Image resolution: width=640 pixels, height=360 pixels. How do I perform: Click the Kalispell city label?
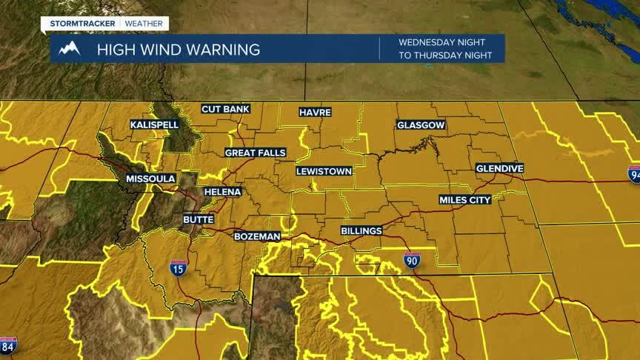[154, 124]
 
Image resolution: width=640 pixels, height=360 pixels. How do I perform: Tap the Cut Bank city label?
[225, 109]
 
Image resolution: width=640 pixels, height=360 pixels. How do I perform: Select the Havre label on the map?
[315, 112]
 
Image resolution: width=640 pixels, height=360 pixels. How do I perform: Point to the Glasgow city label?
[421, 125]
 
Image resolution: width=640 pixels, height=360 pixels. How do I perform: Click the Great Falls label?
[256, 153]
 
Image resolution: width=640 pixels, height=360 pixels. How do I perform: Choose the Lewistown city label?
[324, 171]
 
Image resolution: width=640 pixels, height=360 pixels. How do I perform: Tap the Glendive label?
[499, 168]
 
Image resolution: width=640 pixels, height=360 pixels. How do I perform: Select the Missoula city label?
[150, 179]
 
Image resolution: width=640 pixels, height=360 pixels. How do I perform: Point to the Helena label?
[223, 192]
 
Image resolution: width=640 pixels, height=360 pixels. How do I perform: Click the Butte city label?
[199, 219]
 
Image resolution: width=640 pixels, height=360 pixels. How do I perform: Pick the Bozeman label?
[257, 236]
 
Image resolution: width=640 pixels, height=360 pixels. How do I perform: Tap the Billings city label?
[361, 230]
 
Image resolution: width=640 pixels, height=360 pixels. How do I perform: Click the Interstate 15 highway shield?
[178, 268]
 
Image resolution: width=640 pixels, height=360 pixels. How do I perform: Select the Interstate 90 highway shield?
[413, 259]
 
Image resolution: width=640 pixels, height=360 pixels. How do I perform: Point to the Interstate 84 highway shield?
[8, 345]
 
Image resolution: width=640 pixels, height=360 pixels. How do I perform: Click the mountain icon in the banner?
[70, 49]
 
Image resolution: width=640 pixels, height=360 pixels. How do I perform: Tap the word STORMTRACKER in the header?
[81, 24]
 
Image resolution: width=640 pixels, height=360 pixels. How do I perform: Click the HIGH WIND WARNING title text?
[178, 50]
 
